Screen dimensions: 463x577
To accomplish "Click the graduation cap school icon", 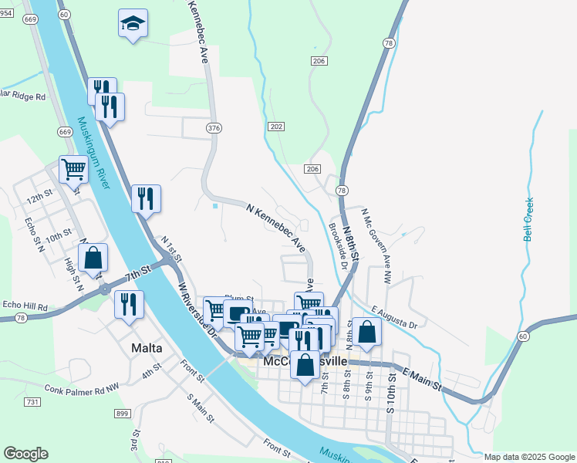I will (133, 23).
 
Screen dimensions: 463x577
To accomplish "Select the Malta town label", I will (147, 348).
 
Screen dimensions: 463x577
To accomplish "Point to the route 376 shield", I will (214, 127).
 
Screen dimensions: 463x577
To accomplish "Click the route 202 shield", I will (276, 126).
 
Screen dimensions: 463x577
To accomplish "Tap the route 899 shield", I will (121, 414).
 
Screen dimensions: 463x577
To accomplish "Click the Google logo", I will (25, 454).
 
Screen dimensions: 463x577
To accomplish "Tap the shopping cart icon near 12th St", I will (73, 168).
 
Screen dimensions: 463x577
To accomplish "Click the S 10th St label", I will (391, 391).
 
